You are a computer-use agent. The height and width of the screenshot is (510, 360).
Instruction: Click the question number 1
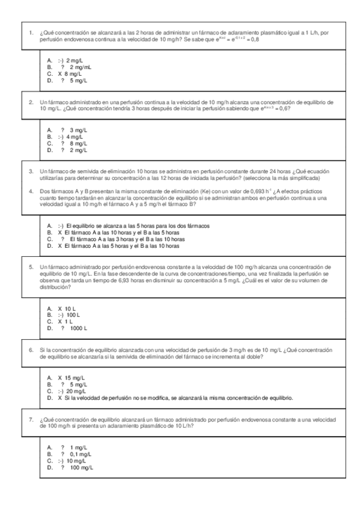pyautogui.click(x=31, y=31)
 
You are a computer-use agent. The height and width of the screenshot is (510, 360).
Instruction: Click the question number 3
pyautogui.click(x=31, y=171)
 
